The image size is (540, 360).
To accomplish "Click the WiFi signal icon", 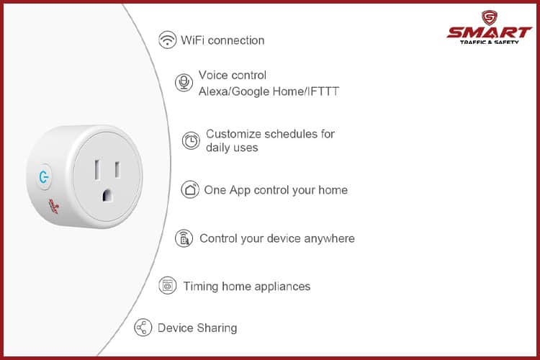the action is (167, 40).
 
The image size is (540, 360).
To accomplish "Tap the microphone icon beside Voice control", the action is (184, 83).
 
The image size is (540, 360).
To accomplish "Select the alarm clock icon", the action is (191, 140).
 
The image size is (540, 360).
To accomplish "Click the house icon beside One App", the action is (190, 189).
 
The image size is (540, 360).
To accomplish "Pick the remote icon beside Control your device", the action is (184, 238).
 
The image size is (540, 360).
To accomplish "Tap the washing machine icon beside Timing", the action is (167, 286).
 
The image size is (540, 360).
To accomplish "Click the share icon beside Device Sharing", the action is (143, 328).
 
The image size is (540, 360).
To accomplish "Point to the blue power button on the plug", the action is (44, 177).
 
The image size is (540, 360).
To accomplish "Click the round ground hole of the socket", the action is (107, 195).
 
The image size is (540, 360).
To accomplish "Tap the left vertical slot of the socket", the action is (97, 169).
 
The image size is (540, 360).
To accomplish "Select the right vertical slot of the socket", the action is (117, 169).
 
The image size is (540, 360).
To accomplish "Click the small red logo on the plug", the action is (54, 206).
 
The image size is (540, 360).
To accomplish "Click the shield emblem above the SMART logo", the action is (489, 18).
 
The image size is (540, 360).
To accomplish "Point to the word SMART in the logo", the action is (489, 32).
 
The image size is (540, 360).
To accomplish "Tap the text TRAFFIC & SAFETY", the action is (489, 42).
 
